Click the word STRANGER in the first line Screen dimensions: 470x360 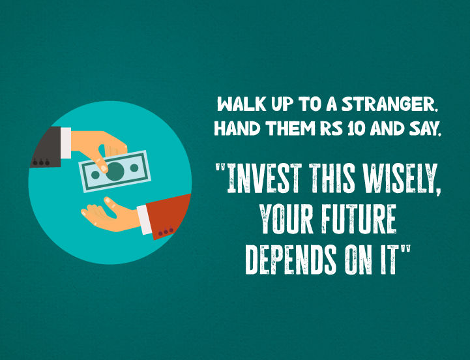pyautogui.click(x=390, y=105)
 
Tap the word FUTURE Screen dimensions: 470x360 pyautogui.click(x=359, y=219)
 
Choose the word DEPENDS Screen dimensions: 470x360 pyautogui.click(x=291, y=260)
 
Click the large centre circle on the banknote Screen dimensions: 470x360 pyautogui.click(x=115, y=172)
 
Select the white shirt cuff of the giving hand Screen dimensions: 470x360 pyautogui.click(x=66, y=143)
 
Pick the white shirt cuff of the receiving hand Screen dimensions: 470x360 pyautogui.click(x=145, y=220)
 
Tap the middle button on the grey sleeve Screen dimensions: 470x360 pyautogui.click(x=41, y=162)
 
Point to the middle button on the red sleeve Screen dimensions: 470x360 pyautogui.click(x=166, y=232)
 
